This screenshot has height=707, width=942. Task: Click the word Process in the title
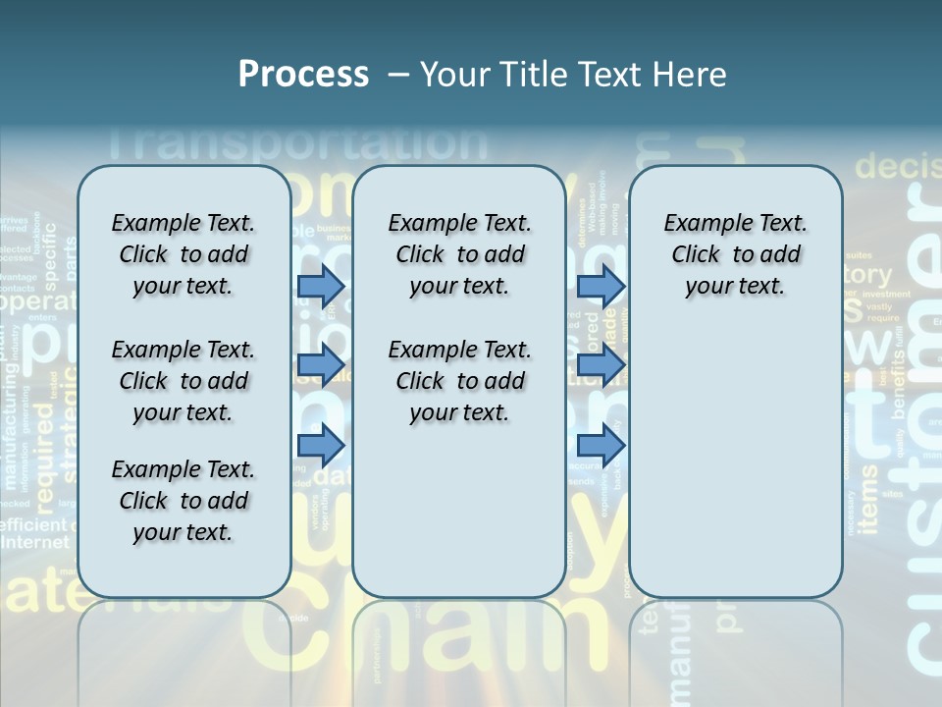[x=303, y=75]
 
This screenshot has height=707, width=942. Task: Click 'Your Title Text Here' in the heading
[x=573, y=75]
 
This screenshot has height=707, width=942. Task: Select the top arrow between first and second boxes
[x=321, y=286]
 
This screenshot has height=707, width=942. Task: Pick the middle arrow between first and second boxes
[x=321, y=365]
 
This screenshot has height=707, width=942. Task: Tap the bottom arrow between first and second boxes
[x=321, y=445]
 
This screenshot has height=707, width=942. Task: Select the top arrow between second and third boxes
[x=601, y=286]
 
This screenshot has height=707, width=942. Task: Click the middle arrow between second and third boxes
[x=601, y=365]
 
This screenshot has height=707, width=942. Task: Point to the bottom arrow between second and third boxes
[x=601, y=445]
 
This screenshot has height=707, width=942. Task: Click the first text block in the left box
[x=183, y=254]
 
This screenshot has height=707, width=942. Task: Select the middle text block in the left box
[x=183, y=381]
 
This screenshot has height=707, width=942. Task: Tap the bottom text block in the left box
[x=183, y=501]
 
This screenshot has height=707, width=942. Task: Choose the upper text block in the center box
[x=459, y=254]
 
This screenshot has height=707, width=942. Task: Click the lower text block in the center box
[x=459, y=381]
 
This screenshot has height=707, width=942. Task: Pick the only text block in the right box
[x=735, y=254]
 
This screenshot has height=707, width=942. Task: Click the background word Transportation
[x=294, y=143]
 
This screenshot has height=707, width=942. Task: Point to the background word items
[x=867, y=501]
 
